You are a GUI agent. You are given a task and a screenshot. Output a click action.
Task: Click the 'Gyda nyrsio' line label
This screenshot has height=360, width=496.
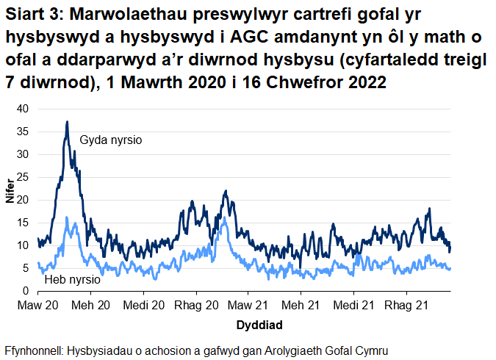click(110, 139)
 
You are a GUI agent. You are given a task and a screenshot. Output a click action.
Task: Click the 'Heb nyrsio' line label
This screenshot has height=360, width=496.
click(73, 280)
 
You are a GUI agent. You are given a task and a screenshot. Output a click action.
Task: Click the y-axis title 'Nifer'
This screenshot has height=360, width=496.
click(9, 200)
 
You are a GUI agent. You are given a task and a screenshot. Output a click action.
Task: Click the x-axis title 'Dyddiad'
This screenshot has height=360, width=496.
click(260, 324)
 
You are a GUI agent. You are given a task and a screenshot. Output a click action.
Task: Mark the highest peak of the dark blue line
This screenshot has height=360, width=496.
click(68, 122)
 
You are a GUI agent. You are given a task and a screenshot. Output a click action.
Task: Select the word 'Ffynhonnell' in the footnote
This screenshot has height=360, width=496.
click(33, 350)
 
